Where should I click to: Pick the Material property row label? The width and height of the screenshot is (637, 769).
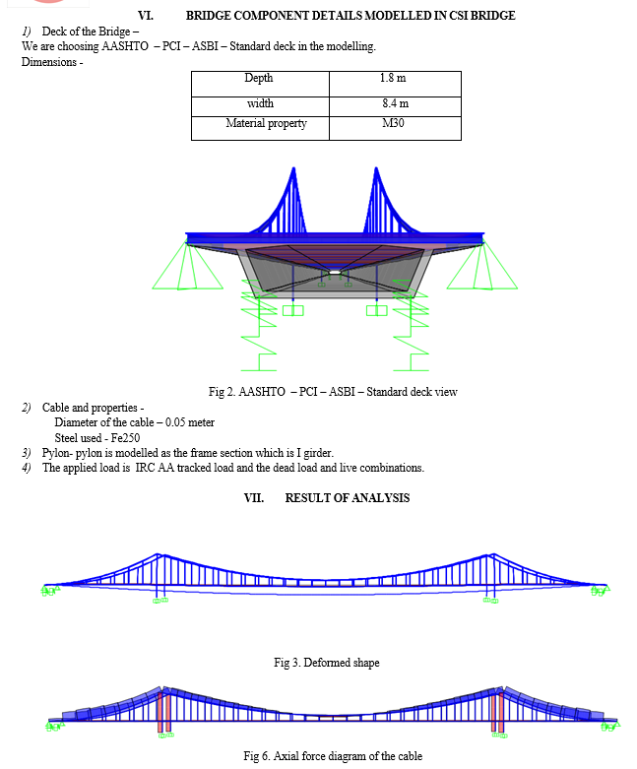click(266, 124)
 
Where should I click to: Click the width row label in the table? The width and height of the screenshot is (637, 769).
click(260, 103)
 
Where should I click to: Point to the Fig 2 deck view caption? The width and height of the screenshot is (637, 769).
click(333, 392)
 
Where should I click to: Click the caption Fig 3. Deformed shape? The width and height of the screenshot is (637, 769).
click(327, 663)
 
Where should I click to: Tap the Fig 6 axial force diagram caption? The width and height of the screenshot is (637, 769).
click(333, 756)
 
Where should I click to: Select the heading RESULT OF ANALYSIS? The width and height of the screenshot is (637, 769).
click(348, 498)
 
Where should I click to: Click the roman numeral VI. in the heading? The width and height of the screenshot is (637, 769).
click(146, 16)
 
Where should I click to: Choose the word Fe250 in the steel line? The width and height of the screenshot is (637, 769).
click(125, 438)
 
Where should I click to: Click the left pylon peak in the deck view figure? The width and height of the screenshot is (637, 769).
click(293, 168)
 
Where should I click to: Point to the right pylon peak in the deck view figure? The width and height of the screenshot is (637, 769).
click(376, 168)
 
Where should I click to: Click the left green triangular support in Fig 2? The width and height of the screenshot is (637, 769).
click(187, 267)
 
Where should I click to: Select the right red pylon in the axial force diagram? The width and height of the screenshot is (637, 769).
click(497, 712)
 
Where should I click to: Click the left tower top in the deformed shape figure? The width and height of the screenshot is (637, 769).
click(158, 554)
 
